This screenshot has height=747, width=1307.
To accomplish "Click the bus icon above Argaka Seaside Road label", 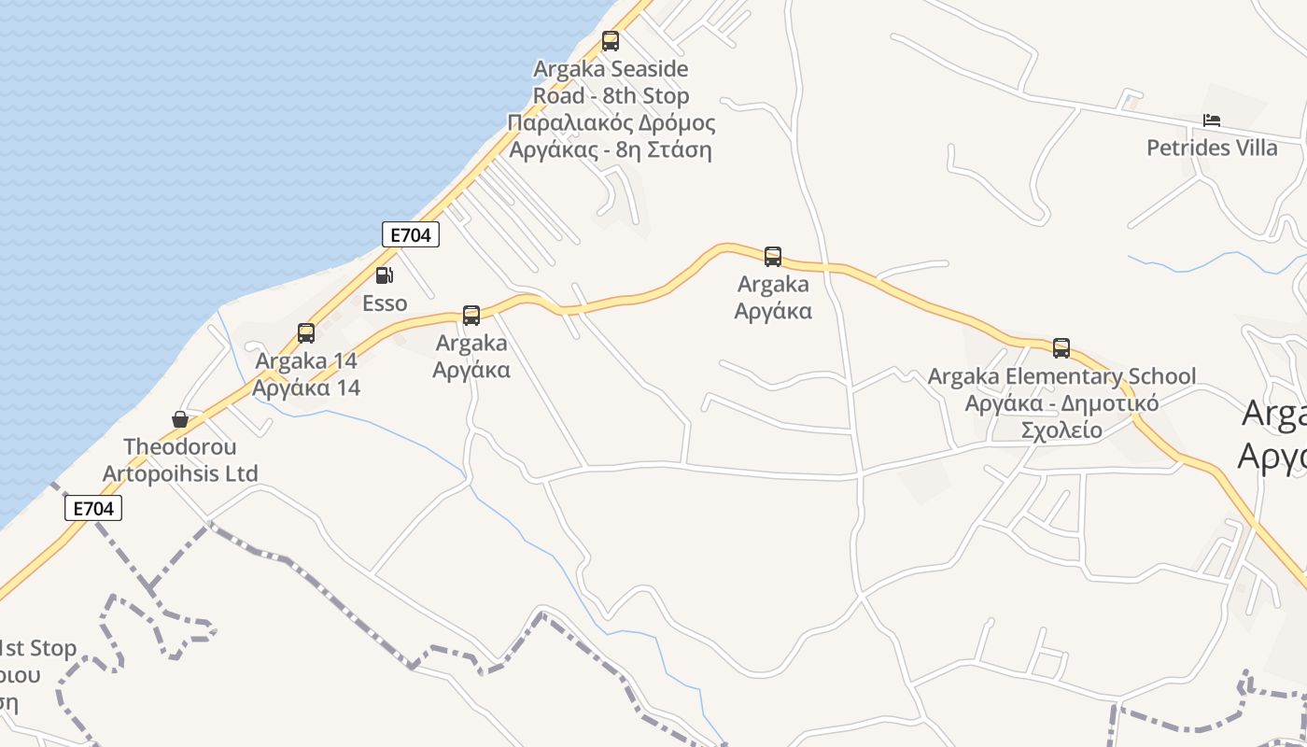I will (610, 41).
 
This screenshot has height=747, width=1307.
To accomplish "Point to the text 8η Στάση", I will (664, 149).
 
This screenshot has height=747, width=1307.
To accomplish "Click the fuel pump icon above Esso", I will (384, 275).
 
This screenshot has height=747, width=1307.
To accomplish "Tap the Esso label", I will (385, 303).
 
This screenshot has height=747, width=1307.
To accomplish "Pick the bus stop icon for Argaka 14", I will (305, 333).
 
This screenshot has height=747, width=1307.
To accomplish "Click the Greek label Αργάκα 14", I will (306, 388).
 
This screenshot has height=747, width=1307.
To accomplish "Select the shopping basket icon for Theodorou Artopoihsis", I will (180, 420).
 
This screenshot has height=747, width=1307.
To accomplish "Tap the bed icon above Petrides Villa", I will (1212, 120).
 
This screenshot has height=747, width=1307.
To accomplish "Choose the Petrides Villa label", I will (1212, 148).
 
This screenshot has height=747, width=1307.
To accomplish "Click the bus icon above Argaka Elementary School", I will (1061, 348).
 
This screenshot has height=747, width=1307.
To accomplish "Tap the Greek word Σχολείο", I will (1061, 430).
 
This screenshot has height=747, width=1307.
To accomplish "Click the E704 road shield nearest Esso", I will (411, 235).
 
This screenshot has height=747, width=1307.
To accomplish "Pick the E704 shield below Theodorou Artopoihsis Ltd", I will (93, 509).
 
